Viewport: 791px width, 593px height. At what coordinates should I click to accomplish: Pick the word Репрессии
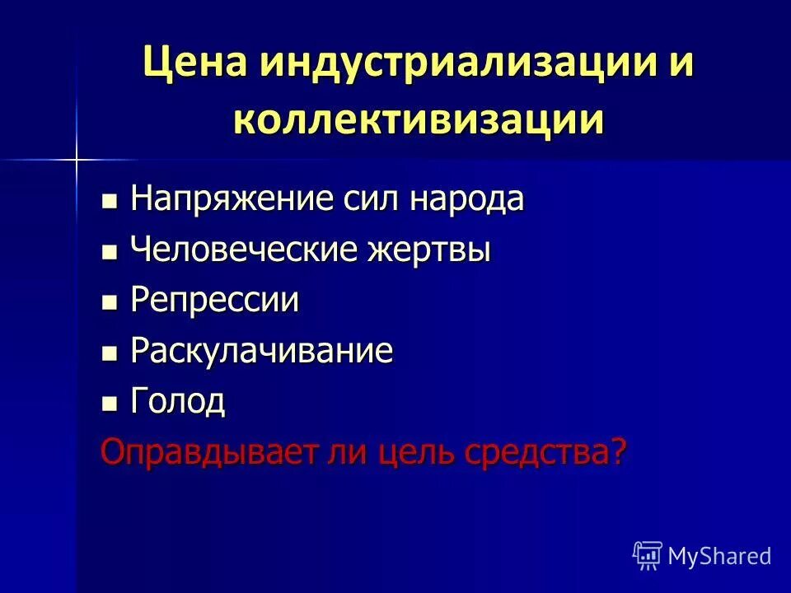pos(214,301)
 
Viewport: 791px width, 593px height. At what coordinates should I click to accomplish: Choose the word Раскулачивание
pos(261,352)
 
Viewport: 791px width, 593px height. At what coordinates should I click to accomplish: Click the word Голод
pos(178,402)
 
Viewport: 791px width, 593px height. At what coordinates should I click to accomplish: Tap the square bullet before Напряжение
pos(109,202)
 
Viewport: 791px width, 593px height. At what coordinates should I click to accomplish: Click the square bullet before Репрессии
pos(109,303)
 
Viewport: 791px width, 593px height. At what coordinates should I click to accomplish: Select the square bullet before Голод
pos(109,404)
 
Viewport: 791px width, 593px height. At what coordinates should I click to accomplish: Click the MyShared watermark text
pos(719,556)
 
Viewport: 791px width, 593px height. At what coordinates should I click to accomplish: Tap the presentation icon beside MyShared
pos(647,555)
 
